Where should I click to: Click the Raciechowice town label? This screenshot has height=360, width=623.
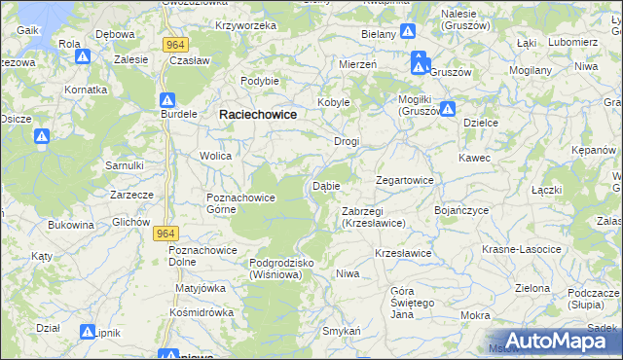[x=257, y=114]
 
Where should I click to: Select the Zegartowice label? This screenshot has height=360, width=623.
[x=405, y=180]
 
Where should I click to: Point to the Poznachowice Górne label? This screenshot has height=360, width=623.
[x=241, y=203]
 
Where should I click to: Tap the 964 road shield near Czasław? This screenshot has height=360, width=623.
[x=175, y=44]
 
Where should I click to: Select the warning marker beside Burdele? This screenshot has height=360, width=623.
[x=166, y=101]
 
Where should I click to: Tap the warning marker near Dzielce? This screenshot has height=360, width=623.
[x=448, y=109]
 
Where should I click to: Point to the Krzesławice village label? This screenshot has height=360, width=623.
[x=403, y=253]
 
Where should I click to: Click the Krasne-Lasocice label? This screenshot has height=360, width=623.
[x=522, y=250]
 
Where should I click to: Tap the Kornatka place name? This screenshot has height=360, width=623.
[x=86, y=90]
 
